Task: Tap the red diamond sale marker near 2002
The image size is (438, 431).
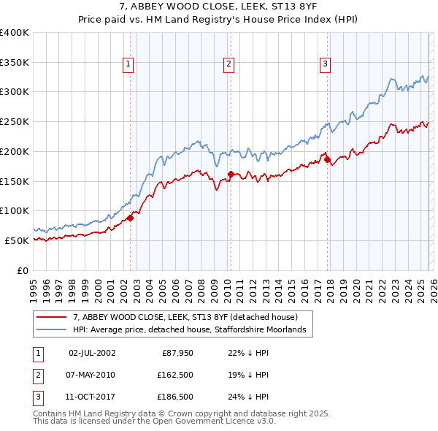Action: (131, 218)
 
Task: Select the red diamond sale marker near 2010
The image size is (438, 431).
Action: (231, 174)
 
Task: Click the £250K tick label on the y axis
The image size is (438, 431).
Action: (15, 121)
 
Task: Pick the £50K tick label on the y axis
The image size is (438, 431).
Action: (17, 240)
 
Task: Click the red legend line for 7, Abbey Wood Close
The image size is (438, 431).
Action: (52, 318)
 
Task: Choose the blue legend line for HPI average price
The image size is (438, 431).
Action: (52, 331)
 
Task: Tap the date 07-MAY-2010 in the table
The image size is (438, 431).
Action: (91, 375)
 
